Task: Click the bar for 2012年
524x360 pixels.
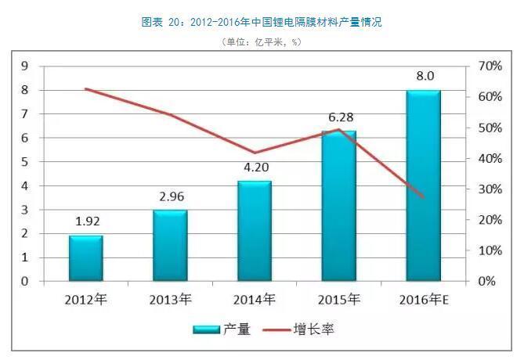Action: (x=85, y=257)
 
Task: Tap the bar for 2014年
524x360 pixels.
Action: (x=255, y=230)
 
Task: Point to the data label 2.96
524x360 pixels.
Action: (x=170, y=196)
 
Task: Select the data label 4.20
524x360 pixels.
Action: (x=255, y=167)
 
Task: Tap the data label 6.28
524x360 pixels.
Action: (x=339, y=117)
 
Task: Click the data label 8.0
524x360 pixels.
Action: (x=424, y=77)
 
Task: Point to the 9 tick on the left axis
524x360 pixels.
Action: (x=26, y=67)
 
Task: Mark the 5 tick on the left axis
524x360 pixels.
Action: (x=26, y=162)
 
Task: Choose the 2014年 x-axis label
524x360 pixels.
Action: (x=255, y=300)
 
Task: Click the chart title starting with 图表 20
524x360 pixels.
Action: (x=262, y=23)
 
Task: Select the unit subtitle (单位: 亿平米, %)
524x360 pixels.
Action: (x=262, y=41)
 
